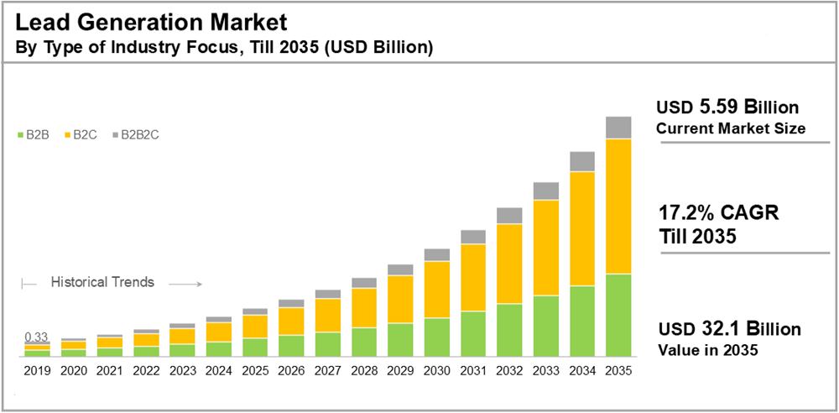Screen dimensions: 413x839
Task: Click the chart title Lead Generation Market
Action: tap(152, 18)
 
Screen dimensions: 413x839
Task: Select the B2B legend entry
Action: tap(32, 134)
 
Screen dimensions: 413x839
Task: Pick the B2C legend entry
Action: tap(80, 134)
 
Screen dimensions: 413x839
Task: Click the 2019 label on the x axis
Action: tap(37, 369)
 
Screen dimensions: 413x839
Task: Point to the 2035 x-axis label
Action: tap(618, 369)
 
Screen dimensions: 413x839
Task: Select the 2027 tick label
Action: tap(328, 369)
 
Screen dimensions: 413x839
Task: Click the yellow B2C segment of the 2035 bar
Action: tap(618, 206)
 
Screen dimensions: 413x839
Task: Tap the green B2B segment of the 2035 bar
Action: tap(618, 315)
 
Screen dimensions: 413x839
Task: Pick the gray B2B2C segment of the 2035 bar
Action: tap(618, 128)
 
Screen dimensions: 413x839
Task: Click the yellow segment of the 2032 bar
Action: tap(509, 264)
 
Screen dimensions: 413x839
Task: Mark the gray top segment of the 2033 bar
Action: tap(546, 191)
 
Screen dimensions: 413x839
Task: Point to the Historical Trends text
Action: tap(102, 282)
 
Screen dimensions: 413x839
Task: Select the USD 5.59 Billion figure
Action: tap(727, 107)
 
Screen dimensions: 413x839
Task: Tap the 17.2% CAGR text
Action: tap(718, 213)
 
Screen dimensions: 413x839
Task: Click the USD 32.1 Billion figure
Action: tap(728, 328)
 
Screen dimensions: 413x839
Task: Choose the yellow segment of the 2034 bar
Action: tap(582, 228)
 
